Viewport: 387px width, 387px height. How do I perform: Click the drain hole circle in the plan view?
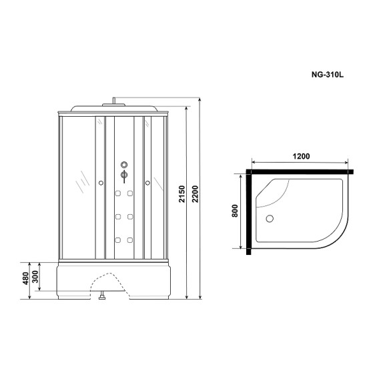click(x=270, y=218)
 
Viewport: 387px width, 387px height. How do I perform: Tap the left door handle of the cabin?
click(x=100, y=181)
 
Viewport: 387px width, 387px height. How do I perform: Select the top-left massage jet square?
click(x=117, y=194)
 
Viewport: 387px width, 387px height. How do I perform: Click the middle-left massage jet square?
click(x=117, y=217)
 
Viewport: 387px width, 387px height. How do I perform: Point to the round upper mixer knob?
click(x=123, y=165)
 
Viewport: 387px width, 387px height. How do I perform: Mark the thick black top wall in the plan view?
click(x=300, y=172)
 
